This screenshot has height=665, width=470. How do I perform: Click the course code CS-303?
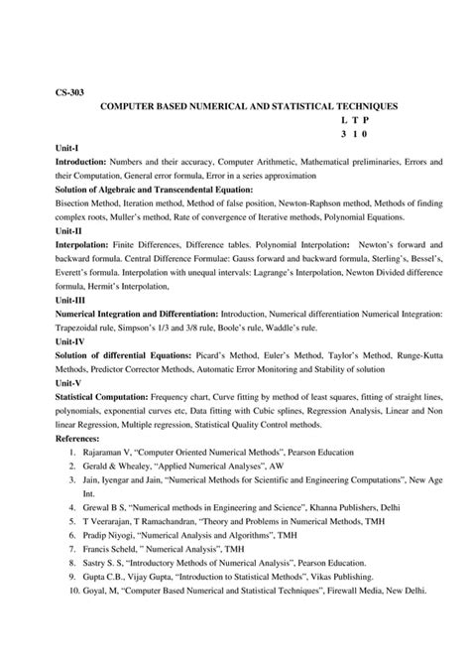(x=68, y=91)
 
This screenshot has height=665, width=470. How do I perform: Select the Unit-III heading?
(x=69, y=298)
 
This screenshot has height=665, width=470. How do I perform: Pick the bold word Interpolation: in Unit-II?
(x=86, y=242)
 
